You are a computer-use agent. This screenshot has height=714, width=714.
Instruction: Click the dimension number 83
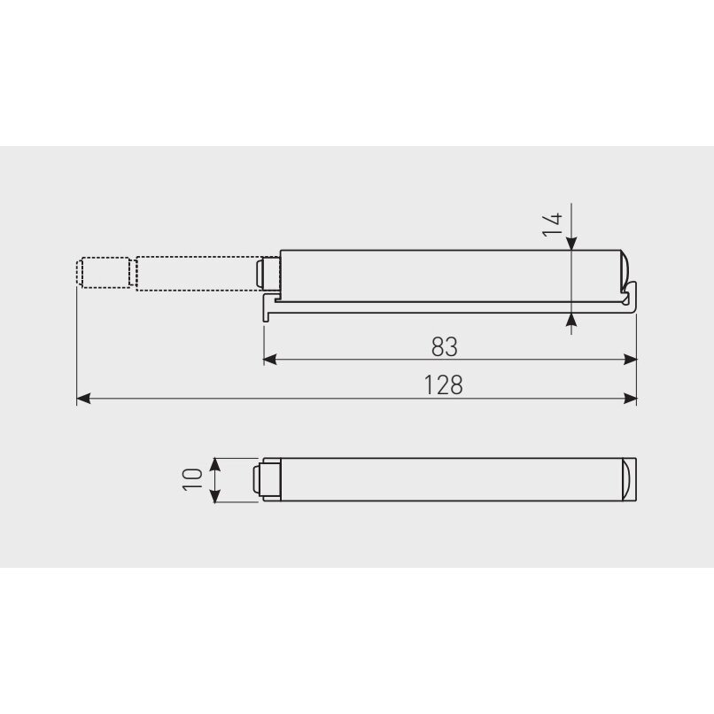coord(445,347)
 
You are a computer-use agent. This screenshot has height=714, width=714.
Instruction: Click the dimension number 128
coord(444,385)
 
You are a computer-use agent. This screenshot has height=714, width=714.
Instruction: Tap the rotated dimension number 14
coord(553,224)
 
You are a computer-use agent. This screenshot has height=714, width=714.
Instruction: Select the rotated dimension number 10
coord(191,479)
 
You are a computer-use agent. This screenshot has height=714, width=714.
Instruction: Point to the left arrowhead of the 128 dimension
coord(83,399)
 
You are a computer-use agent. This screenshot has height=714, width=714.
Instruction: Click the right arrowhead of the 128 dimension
coord(630,399)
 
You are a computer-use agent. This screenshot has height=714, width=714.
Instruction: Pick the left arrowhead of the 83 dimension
coord(270,360)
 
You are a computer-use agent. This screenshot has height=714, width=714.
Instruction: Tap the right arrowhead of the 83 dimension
coord(630,360)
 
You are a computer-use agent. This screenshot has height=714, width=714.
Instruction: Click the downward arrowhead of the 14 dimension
coord(572,243)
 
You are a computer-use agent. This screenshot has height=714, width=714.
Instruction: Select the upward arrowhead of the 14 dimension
coord(572,320)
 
